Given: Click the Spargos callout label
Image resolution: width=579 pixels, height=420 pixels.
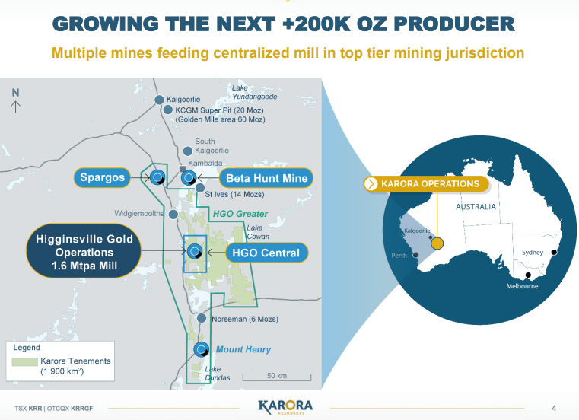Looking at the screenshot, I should click(x=103, y=178).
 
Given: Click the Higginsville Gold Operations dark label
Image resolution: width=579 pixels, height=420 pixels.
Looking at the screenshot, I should click(x=84, y=252).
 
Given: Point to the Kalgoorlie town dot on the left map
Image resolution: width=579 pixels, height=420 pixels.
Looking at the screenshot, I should click(x=159, y=100).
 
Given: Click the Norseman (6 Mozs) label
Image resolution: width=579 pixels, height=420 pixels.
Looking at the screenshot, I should click(x=239, y=319).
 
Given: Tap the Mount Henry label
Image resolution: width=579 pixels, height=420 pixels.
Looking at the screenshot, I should click(x=243, y=349).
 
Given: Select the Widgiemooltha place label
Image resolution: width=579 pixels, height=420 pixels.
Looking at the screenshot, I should click(x=139, y=214).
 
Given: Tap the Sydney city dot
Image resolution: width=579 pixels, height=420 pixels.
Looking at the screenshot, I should click(x=555, y=252).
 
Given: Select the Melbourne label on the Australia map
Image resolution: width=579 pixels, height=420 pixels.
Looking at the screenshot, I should click(x=523, y=286).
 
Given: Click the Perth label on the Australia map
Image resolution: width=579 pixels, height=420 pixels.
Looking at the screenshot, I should click(x=399, y=256).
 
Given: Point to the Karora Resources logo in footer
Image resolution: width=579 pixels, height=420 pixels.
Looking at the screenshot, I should click(x=285, y=406).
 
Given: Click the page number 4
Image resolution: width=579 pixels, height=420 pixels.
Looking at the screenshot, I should click(x=553, y=406).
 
